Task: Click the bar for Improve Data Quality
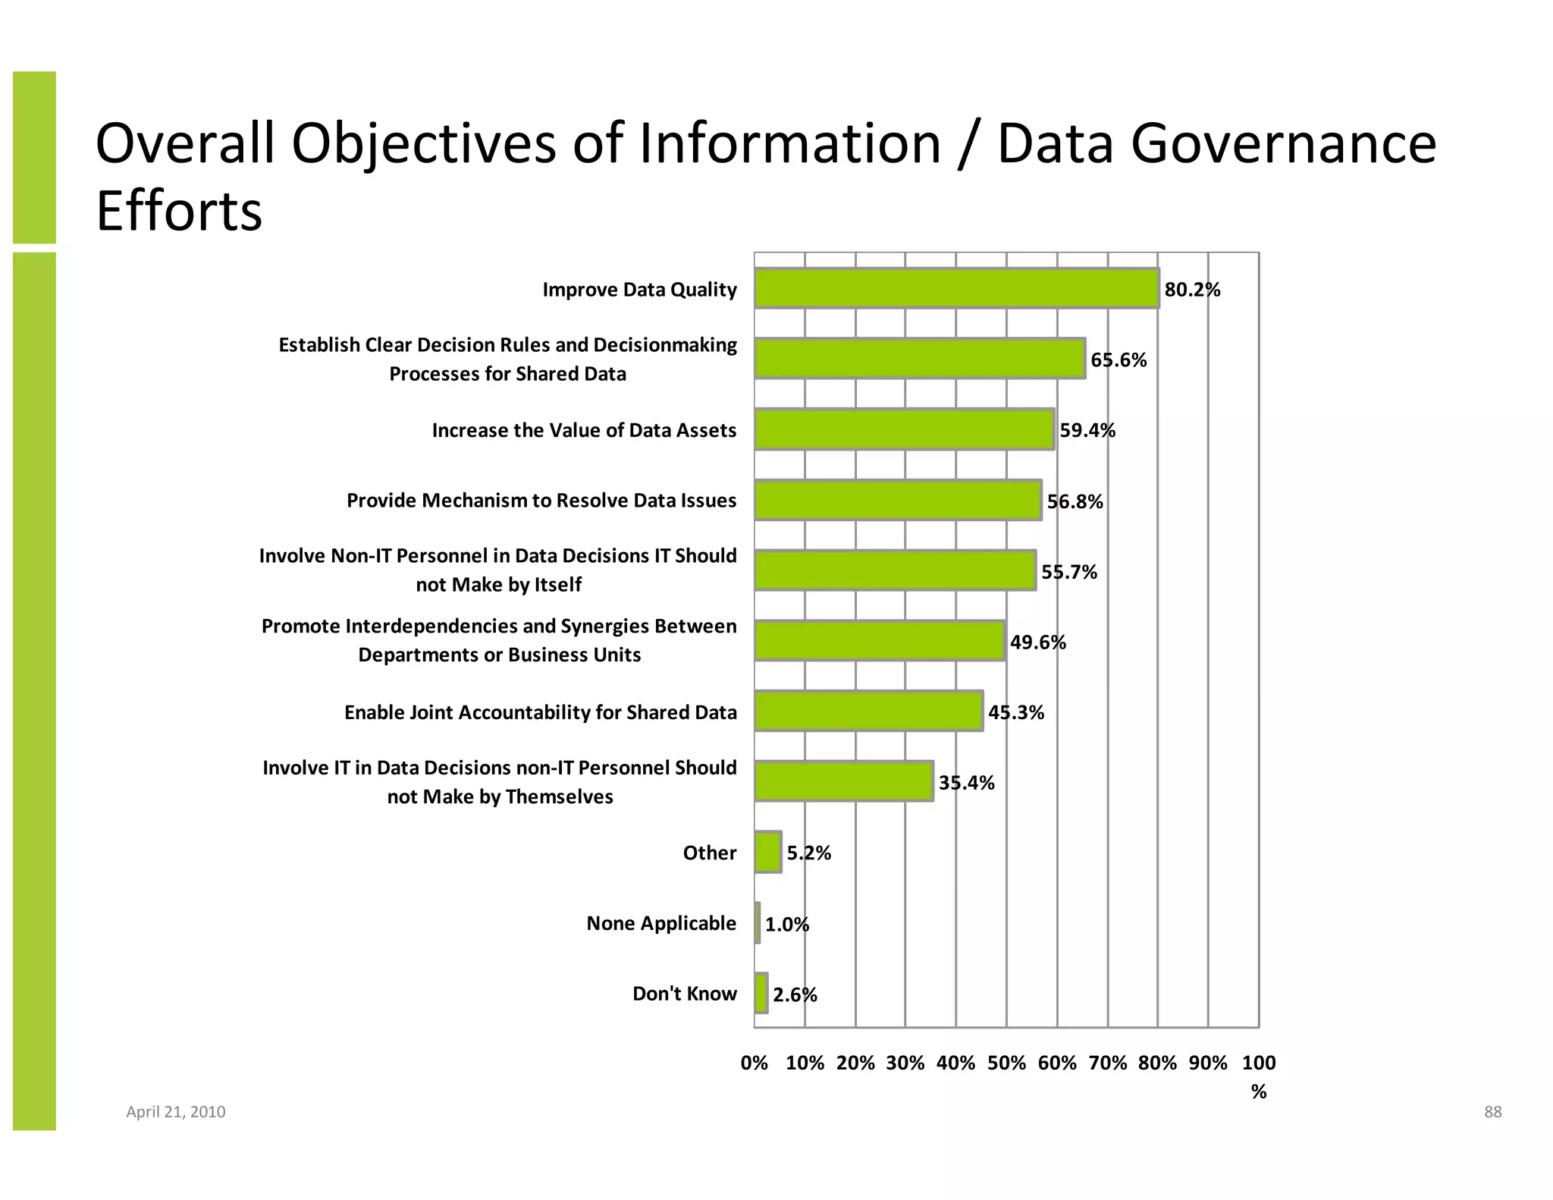pos(956,288)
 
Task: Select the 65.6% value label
pos(1118,360)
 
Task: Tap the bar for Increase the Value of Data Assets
pos(904,429)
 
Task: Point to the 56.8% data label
pos(1075,501)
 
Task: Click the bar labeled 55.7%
pos(895,570)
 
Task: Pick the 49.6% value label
pos(1037,642)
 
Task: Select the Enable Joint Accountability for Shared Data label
pos(540,712)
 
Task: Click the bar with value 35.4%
pos(843,781)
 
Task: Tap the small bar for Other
pos(767,852)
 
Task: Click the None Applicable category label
pos(661,923)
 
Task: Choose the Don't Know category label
pos(684,994)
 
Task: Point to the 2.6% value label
pos(795,994)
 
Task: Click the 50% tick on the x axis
pos(1006,1063)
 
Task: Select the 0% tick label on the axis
pos(754,1063)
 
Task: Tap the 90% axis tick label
pos(1208,1063)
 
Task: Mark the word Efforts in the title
pos(179,211)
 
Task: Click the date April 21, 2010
pos(175,1112)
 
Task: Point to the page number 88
pos(1492,1112)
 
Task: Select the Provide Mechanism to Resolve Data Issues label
pos(541,501)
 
